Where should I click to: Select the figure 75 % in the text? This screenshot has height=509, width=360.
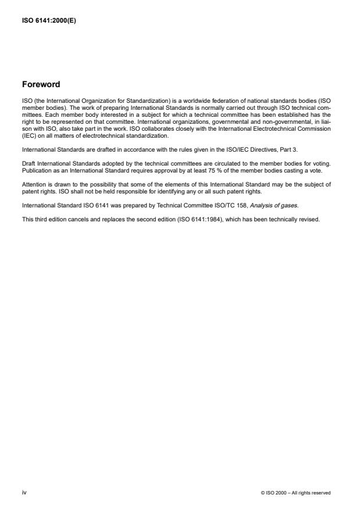[184, 173]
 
